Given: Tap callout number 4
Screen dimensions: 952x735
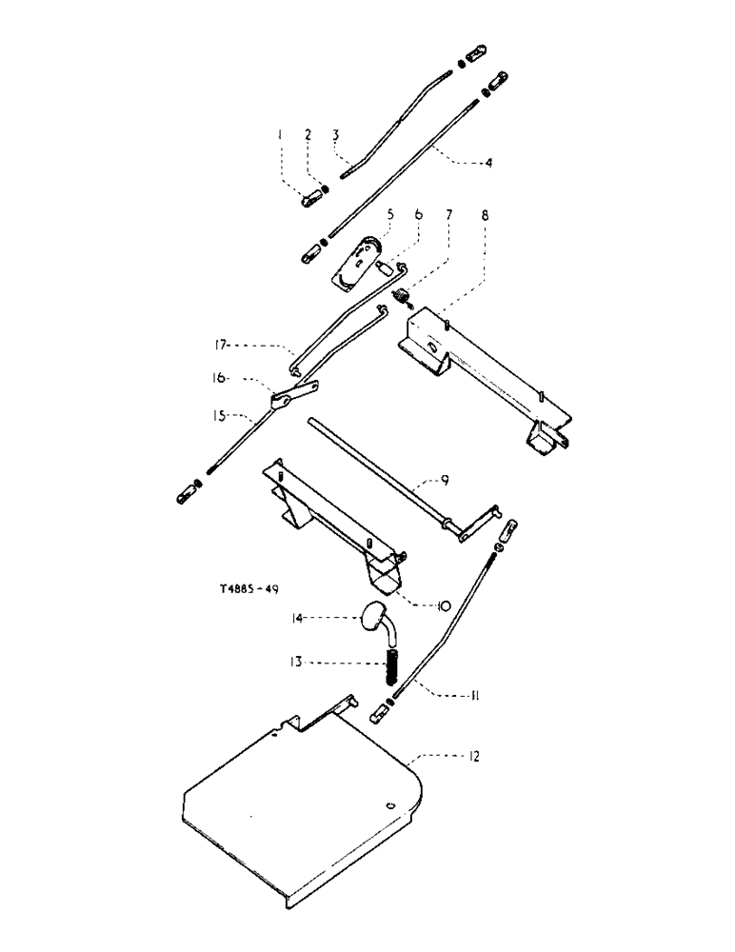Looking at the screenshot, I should tap(488, 163).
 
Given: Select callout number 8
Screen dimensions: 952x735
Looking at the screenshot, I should tap(485, 217).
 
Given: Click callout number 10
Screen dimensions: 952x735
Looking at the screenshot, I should tap(418, 603).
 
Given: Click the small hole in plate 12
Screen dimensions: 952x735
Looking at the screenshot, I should tap(388, 805).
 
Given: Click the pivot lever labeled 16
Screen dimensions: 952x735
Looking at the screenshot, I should tap(290, 398).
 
